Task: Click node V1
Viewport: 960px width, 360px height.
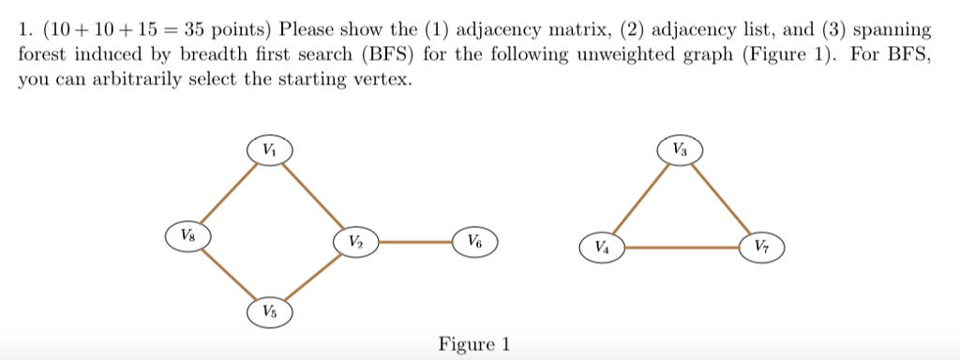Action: coord(270,150)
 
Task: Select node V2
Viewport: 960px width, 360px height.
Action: coord(353,242)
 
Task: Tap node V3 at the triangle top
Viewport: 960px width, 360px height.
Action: coord(680,150)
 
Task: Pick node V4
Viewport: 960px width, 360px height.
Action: coord(601,247)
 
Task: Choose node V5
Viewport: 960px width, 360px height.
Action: coord(270,310)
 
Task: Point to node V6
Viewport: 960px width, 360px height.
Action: coord(474,242)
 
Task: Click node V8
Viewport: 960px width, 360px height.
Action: coord(187,233)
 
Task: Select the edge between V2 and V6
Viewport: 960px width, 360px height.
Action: coord(414,242)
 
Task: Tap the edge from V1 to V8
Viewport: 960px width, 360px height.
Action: coord(228,192)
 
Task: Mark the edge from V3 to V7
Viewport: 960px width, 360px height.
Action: coord(720,199)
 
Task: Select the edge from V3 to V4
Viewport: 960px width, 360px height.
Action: coord(640,199)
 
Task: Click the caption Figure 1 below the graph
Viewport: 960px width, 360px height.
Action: coord(474,344)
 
